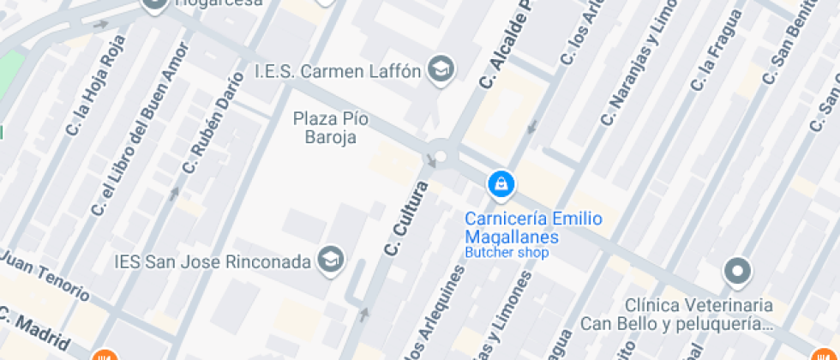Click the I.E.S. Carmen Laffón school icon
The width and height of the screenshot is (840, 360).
tap(442, 69)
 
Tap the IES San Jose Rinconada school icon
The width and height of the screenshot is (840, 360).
tap(331, 259)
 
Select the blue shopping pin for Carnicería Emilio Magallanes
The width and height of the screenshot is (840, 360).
tap(501, 183)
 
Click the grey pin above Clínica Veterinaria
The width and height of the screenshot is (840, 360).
tap(736, 273)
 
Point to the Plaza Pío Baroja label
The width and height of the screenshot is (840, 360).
tap(325, 128)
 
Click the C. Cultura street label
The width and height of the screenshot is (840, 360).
tap(407, 219)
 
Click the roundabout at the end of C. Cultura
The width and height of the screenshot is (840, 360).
tap(441, 156)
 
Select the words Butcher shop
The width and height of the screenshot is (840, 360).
tap(506, 253)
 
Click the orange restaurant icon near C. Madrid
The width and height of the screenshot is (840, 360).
tap(104, 355)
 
